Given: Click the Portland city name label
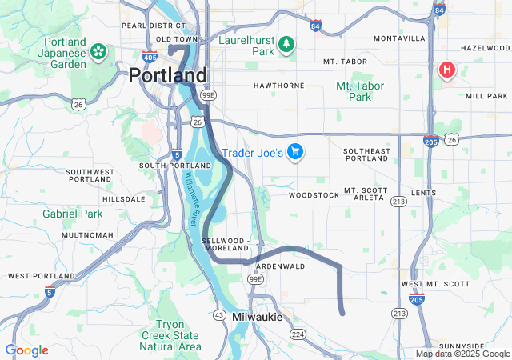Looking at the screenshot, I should [x=168, y=75].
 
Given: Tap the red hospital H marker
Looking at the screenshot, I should [x=446, y=70].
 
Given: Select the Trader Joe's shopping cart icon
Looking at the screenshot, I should [x=295, y=151].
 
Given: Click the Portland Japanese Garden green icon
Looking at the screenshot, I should [x=98, y=52].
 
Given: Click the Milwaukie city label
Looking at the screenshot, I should [x=257, y=317].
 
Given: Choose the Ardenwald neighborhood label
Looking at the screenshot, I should [x=281, y=266].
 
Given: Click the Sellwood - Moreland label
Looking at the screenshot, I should [x=226, y=244].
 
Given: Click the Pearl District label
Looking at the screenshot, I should [x=143, y=26].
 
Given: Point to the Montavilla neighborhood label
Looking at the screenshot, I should [x=399, y=38].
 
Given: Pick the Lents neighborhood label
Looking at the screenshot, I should [x=423, y=193].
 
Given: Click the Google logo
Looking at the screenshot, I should [x=26, y=350].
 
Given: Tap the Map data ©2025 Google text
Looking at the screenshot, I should [x=462, y=354].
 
